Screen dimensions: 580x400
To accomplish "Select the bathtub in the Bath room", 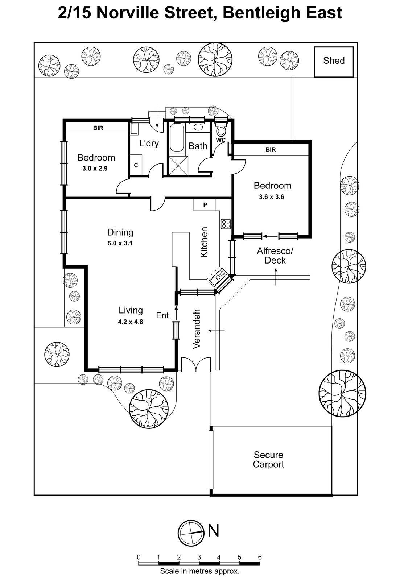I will [177, 138].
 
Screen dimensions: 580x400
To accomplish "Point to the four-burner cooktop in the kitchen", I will [226, 224].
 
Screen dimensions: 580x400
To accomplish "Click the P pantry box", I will [205, 205].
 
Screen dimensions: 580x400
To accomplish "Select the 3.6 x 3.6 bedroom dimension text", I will [271, 197].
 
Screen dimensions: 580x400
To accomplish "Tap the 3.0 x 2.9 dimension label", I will [95, 169].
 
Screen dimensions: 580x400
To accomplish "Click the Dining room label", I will [120, 232].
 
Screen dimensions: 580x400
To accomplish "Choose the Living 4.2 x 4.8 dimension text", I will [131, 322].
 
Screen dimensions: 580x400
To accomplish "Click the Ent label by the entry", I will [162, 315].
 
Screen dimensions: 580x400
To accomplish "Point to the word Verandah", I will [197, 329].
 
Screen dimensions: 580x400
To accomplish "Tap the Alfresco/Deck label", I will [275, 256].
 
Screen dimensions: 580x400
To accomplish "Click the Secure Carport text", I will [268, 460].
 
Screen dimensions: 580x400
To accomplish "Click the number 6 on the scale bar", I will [260, 557].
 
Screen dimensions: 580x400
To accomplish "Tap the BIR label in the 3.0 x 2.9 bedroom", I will [98, 128].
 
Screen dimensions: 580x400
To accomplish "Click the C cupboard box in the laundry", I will [136, 165].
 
